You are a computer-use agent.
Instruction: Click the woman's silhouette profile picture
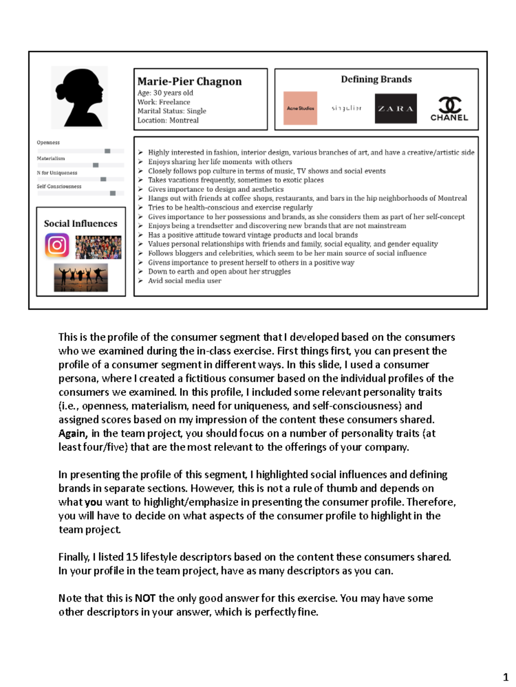[80, 97]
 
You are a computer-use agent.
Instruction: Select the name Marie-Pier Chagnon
[189, 81]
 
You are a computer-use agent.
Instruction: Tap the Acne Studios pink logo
[300, 108]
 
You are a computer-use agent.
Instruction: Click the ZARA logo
[396, 109]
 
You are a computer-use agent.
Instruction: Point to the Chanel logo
[449, 109]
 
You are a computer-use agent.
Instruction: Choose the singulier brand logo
[346, 108]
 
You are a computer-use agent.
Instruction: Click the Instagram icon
[57, 245]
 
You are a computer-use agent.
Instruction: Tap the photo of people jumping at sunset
[81, 278]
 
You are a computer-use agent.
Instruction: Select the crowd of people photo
[98, 247]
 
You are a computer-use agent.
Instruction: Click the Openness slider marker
[107, 151]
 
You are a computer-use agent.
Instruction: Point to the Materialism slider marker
[95, 165]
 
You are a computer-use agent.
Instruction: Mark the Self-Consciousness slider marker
[113, 193]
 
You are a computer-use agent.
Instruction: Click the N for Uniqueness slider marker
[103, 179]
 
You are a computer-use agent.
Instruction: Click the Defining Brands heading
[376, 79]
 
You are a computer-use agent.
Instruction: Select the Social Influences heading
[80, 223]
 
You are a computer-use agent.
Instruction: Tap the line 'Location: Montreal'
[168, 120]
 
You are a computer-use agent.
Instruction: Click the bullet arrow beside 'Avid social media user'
[141, 281]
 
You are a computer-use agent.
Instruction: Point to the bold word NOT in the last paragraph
[145, 598]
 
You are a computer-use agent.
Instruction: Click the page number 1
[506, 677]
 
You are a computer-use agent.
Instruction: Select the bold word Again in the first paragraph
[73, 433]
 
